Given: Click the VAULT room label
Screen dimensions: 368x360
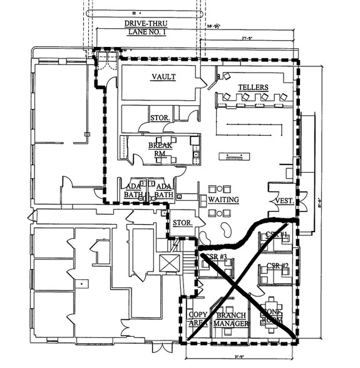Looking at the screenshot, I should click(163, 77).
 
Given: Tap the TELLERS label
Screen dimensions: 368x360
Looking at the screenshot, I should click(253, 87).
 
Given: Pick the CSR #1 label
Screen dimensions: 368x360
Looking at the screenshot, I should click(275, 235).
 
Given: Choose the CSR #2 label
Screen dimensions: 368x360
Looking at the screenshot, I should click(276, 266).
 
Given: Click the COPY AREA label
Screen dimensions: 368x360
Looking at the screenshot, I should click(198, 319).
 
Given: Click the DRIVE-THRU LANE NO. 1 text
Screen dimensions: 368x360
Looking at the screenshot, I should click(145, 28).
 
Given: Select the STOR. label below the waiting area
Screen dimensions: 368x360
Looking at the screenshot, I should click(182, 222).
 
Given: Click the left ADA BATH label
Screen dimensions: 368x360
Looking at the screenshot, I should click(132, 190).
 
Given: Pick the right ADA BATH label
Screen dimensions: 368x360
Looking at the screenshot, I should click(163, 190).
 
